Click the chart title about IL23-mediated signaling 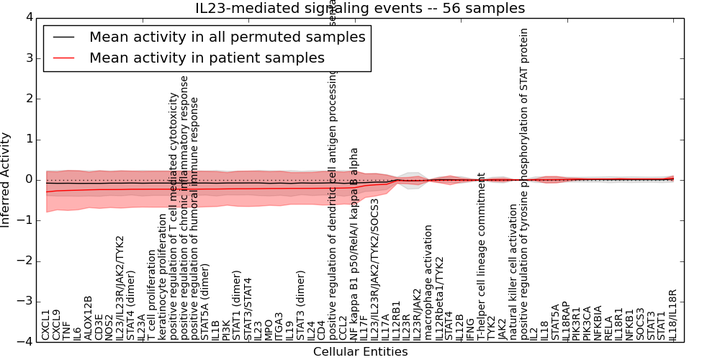(x=360, y=8)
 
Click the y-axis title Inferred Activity (x=6, y=179)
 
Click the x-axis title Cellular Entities (x=360, y=352)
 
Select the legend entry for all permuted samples (x=227, y=37)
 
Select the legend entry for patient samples (x=207, y=58)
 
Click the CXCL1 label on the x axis (x=46, y=325)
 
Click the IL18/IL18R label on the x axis (x=673, y=315)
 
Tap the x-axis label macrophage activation (x=428, y=282)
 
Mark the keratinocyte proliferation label (x=162, y=276)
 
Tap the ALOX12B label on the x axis (x=88, y=318)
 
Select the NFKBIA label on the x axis (x=598, y=322)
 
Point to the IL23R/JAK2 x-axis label (x=418, y=310)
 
